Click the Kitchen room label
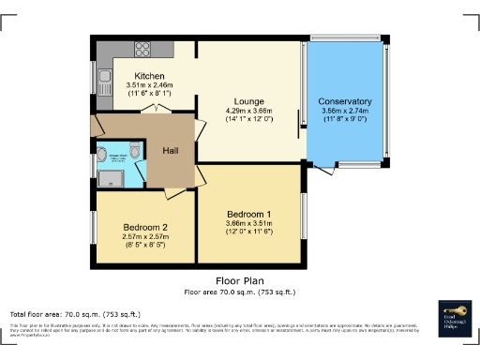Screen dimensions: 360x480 coord(150,76)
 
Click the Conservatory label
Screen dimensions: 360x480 coord(344,101)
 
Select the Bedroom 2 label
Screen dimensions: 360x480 coord(145,227)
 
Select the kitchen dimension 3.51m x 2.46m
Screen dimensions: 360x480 coord(150,85)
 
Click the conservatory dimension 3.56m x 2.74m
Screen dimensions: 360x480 coord(344,111)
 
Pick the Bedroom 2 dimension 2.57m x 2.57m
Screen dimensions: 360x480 coord(145,237)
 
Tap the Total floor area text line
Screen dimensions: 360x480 coord(75,313)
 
